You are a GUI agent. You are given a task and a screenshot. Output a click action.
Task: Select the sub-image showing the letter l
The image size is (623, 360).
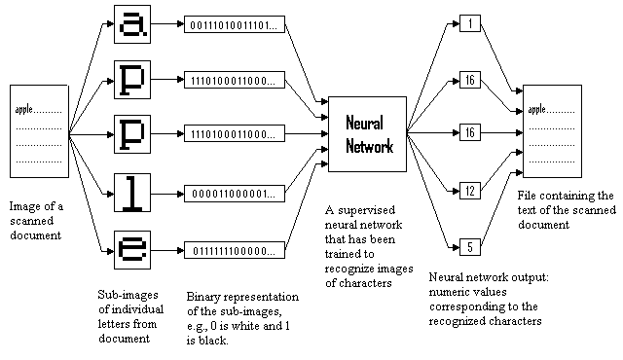(132, 191)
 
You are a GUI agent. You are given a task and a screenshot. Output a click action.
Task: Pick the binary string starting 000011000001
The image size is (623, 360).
(235, 192)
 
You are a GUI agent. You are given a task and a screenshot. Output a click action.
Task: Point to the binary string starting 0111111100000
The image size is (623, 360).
(235, 247)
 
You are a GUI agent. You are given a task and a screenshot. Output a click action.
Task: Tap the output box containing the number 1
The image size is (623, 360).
(471, 22)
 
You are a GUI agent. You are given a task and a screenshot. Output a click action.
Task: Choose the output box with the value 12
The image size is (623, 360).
(471, 192)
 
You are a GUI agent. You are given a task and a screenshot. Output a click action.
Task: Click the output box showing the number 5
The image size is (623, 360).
(471, 247)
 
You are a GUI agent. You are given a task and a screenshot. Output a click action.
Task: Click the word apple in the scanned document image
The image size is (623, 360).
(25, 110)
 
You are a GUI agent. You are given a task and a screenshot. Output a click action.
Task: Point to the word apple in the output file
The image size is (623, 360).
(537, 109)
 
